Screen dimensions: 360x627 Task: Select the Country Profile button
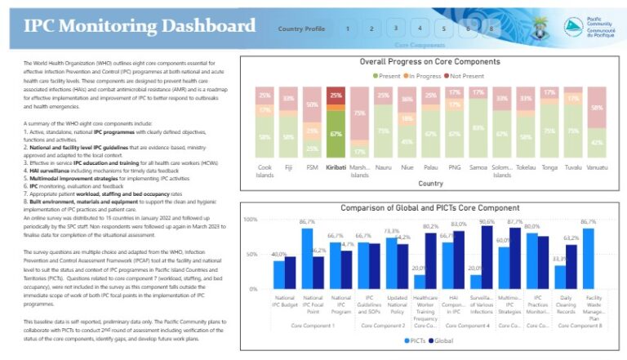(x=301, y=29)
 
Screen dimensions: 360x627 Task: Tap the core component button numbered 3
(x=395, y=29)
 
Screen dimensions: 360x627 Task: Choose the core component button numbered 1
(x=347, y=29)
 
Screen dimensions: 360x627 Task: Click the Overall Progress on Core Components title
(x=429, y=62)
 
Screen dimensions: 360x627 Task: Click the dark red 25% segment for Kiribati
(x=336, y=95)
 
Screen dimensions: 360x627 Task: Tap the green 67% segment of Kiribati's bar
(x=336, y=135)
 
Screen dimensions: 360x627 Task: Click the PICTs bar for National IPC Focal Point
(x=307, y=258)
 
